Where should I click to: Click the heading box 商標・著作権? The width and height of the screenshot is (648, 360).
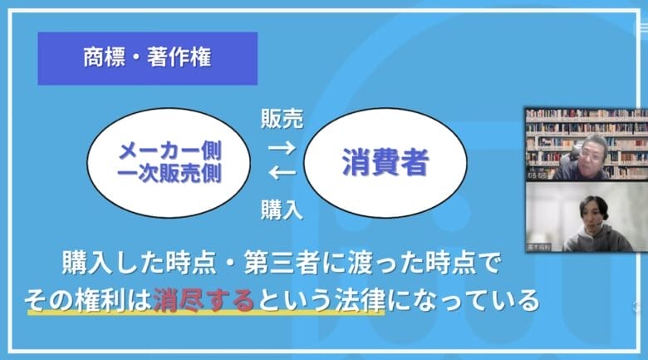147,58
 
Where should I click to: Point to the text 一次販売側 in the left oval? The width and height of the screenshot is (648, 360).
170,174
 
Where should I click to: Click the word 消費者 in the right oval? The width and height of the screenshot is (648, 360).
385,163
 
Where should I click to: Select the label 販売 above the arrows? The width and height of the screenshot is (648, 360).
282,119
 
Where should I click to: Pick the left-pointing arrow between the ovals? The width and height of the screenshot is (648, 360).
282,174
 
